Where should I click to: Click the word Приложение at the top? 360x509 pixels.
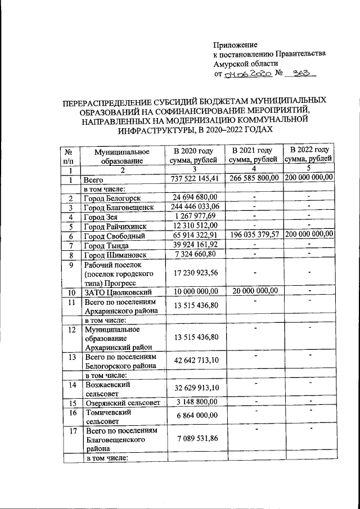click(x=235, y=44)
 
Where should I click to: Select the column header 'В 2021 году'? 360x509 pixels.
click(x=253, y=151)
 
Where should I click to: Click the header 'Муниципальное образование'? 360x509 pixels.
click(x=121, y=156)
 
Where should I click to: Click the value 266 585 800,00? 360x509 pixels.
click(x=254, y=178)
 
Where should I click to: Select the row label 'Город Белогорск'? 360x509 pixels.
click(x=112, y=198)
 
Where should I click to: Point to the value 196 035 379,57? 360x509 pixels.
click(x=254, y=235)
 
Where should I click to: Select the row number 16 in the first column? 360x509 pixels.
click(x=70, y=413)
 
